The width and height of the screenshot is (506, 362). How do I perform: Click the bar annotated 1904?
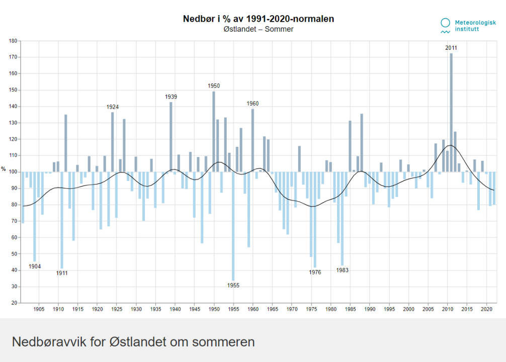[35, 216]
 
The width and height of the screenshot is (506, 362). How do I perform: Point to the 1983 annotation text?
[343, 270]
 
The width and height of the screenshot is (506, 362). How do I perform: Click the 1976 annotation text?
[315, 273]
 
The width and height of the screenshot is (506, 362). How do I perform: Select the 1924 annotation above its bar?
[113, 107]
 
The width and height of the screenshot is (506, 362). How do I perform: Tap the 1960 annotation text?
[252, 104]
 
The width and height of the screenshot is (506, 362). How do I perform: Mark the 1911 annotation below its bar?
[62, 274]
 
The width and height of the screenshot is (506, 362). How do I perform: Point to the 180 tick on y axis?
[13, 41]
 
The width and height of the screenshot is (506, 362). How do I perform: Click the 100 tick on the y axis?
[13, 172]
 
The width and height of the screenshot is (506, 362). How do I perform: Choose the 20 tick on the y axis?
[14, 303]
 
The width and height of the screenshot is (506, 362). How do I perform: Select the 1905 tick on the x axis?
[39, 310]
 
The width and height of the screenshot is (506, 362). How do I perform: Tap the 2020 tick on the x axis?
[486, 310]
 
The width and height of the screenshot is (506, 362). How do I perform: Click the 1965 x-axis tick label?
[272, 310]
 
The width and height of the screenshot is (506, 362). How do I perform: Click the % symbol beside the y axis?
[4, 169]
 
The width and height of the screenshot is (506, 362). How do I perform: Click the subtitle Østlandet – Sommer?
[259, 30]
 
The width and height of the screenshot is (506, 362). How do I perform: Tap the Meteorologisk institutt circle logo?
[445, 23]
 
